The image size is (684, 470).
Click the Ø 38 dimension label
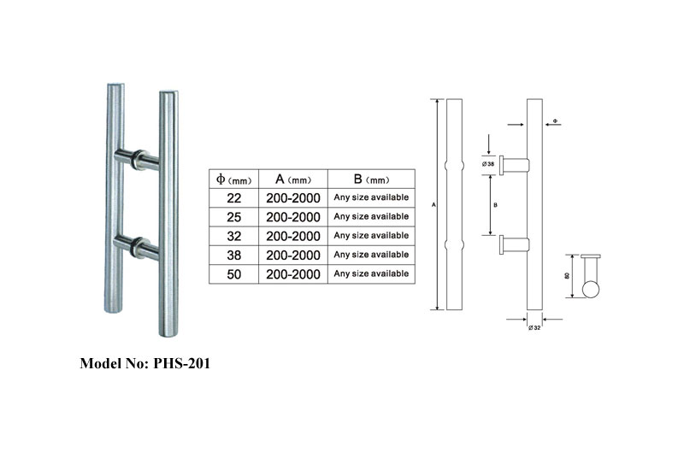(x=488, y=164)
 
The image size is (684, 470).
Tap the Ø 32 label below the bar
(x=534, y=327)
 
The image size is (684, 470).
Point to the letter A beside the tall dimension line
(x=433, y=204)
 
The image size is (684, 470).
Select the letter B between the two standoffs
(x=495, y=205)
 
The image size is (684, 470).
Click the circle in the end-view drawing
(x=591, y=290)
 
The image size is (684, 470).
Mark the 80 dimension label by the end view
(x=567, y=276)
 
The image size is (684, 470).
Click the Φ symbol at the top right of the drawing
(x=555, y=120)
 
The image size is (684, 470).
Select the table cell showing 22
(x=233, y=198)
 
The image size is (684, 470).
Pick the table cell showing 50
(x=233, y=274)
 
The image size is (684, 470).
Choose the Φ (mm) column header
(x=233, y=179)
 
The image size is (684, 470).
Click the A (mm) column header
(x=293, y=179)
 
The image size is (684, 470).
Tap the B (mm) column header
(x=371, y=179)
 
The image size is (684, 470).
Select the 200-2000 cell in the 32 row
(x=293, y=236)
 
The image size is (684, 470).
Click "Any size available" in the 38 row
(x=371, y=255)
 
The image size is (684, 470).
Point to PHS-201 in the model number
(x=181, y=363)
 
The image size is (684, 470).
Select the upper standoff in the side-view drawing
(x=515, y=165)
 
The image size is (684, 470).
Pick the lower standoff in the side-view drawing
(x=515, y=244)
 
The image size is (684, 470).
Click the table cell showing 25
(x=233, y=217)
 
